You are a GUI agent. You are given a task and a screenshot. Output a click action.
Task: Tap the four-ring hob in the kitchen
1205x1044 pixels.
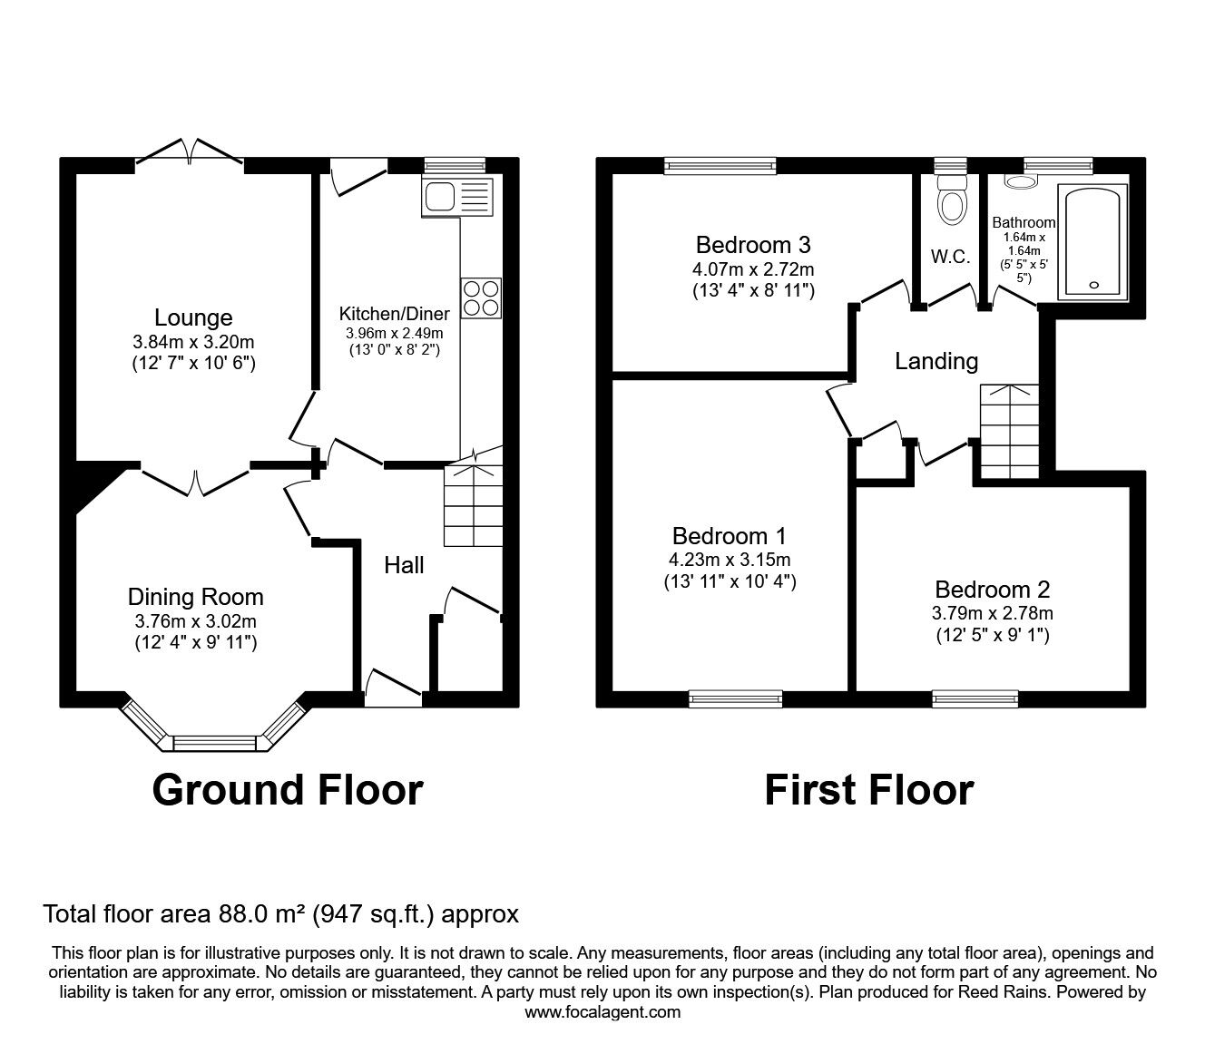coord(481,298)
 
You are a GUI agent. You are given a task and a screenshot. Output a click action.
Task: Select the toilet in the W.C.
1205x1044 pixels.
coord(951,201)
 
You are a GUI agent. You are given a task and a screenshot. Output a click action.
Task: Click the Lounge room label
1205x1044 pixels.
coord(193,317)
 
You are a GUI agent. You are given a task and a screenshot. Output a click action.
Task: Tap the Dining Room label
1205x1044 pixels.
coord(195,597)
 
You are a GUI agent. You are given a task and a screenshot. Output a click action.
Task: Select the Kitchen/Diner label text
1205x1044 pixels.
coord(395,314)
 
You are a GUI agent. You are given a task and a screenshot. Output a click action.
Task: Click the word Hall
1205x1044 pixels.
coord(404,565)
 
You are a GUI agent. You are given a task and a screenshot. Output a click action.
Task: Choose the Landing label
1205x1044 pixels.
coord(936,361)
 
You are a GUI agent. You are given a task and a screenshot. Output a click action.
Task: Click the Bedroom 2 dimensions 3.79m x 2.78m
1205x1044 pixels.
coord(993,613)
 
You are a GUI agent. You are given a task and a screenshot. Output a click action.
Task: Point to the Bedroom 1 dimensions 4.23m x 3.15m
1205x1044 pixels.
coord(730,560)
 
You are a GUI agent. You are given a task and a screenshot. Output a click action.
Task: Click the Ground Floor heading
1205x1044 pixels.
coord(288,789)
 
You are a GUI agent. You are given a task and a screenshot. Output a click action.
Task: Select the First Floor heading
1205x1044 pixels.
coord(868,789)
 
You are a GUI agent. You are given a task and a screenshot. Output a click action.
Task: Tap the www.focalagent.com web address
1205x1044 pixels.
coord(602,1012)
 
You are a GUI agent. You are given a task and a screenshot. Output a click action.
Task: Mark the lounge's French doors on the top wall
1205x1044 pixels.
coord(190,154)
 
